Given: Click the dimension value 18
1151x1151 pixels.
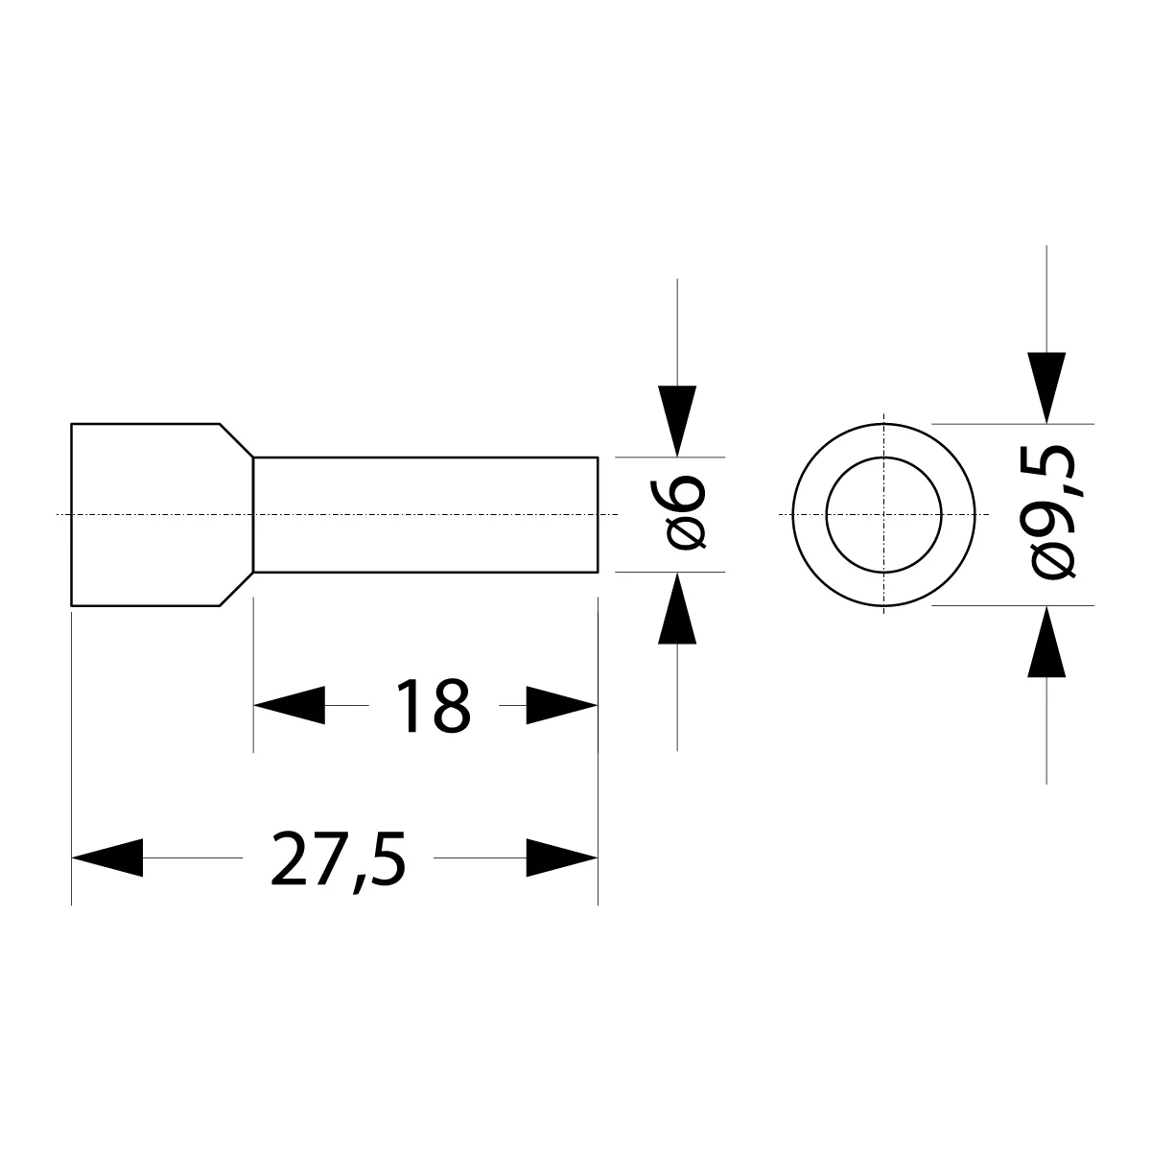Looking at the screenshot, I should click(x=435, y=706).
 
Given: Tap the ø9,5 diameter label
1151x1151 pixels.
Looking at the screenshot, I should click(x=1053, y=513).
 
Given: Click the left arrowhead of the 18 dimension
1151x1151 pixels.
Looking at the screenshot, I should click(x=288, y=706).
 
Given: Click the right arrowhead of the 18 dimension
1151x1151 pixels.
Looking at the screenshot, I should click(x=563, y=706).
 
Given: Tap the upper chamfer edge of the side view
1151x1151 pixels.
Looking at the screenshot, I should click(x=237, y=440).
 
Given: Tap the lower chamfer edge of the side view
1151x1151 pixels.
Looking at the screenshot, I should click(x=237, y=589).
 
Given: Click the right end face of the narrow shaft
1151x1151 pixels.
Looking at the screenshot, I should click(x=598, y=515).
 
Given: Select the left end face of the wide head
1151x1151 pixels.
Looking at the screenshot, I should click(x=72, y=515).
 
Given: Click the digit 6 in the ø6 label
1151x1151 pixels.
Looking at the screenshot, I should click(x=687, y=496).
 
